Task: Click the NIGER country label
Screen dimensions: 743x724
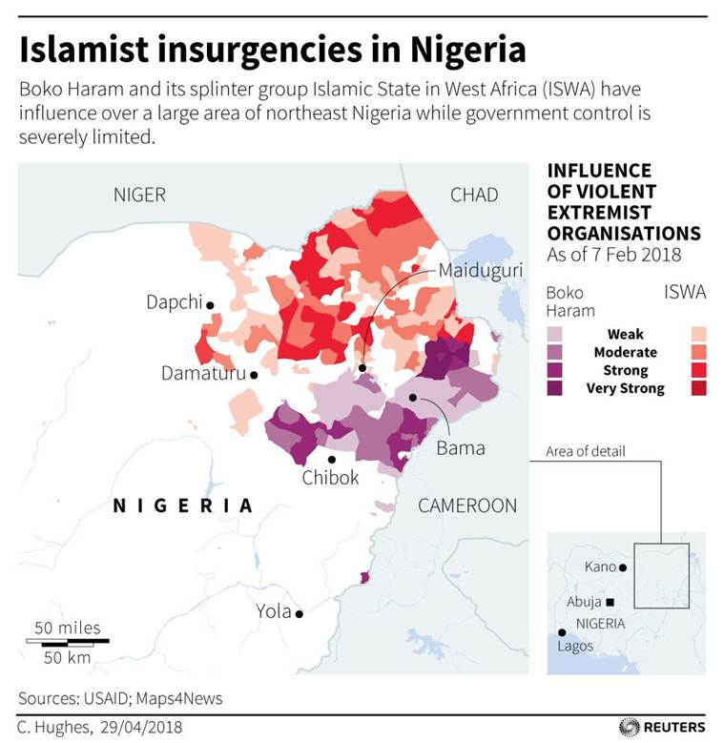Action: point(139,195)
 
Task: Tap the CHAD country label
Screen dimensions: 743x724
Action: point(474,195)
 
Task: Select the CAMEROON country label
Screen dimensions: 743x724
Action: point(467,506)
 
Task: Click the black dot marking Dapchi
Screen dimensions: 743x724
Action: point(210,305)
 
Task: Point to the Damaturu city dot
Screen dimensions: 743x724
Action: point(254,375)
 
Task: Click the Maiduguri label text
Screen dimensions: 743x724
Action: point(480,270)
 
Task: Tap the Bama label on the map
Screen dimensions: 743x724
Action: point(461,447)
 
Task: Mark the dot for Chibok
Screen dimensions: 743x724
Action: point(331,459)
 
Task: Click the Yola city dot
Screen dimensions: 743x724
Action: point(300,613)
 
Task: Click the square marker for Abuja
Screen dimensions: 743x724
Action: point(610,602)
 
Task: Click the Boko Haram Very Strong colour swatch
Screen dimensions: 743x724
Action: point(553,388)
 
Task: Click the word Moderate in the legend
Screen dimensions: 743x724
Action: point(625,352)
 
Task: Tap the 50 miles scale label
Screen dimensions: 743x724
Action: point(67,628)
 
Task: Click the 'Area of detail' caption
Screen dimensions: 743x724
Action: point(586,451)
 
